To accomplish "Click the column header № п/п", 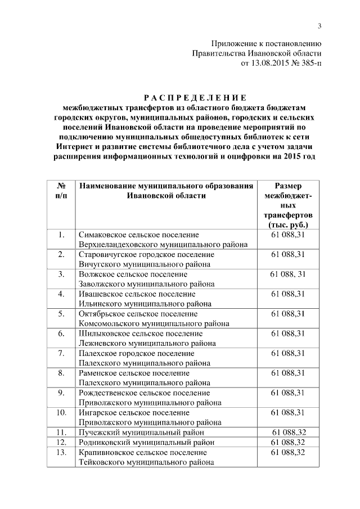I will coord(60,191).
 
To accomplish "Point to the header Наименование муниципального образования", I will coord(166,186).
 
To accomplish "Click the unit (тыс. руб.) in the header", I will coord(288,224).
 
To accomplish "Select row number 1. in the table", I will coord(60,234).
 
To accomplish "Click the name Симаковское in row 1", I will coord(102,234).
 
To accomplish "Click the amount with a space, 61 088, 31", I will coord(288,274).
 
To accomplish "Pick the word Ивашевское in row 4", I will coord(101,294).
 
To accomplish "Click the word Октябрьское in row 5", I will coord(102,313).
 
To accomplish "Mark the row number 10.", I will coord(60,412).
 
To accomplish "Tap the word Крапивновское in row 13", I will coord(107,452).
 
